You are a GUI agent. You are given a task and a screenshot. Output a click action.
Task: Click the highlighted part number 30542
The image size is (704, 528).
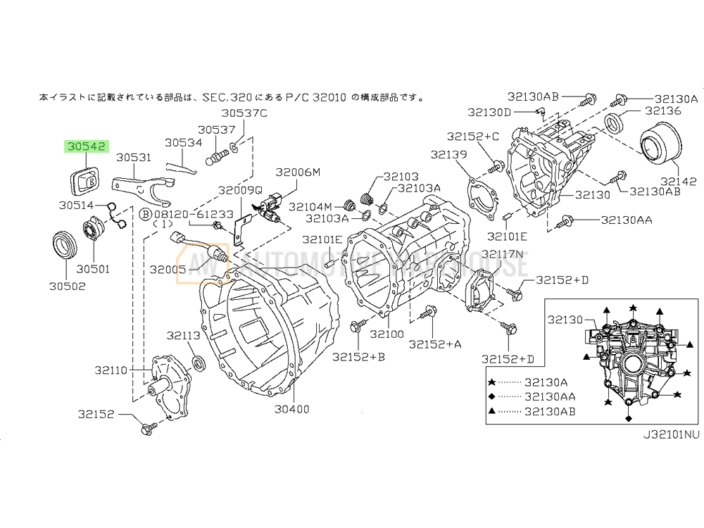pyautogui.click(x=87, y=147)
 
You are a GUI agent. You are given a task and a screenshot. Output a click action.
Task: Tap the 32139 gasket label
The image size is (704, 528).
pyautogui.click(x=450, y=154)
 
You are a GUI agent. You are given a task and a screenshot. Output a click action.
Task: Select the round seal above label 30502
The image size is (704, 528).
pyautogui.click(x=66, y=244)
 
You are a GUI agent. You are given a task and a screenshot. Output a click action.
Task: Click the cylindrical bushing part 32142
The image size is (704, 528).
pyautogui.click(x=660, y=145)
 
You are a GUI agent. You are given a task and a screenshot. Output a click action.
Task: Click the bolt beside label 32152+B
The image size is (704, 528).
pyautogui.click(x=354, y=326)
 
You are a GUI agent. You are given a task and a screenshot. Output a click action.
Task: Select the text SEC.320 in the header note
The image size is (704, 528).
pyautogui.click(x=222, y=98)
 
